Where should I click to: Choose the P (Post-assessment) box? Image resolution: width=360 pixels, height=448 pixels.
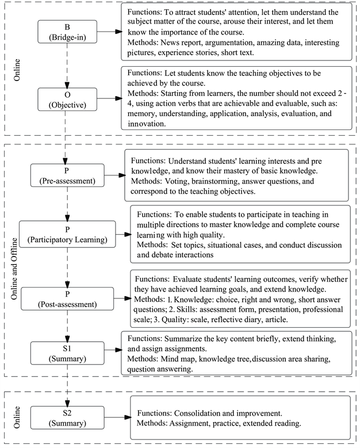point(68,298)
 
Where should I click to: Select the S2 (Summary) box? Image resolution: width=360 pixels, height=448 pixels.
point(68,417)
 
